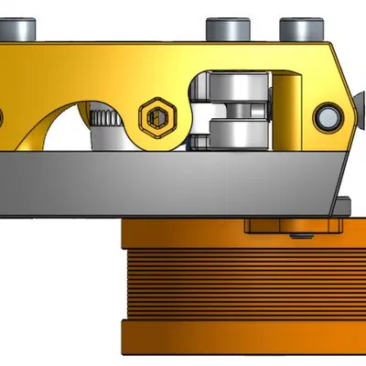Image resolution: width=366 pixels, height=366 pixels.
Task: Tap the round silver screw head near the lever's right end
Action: (x=328, y=116)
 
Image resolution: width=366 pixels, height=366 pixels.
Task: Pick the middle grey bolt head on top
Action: (x=225, y=29)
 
